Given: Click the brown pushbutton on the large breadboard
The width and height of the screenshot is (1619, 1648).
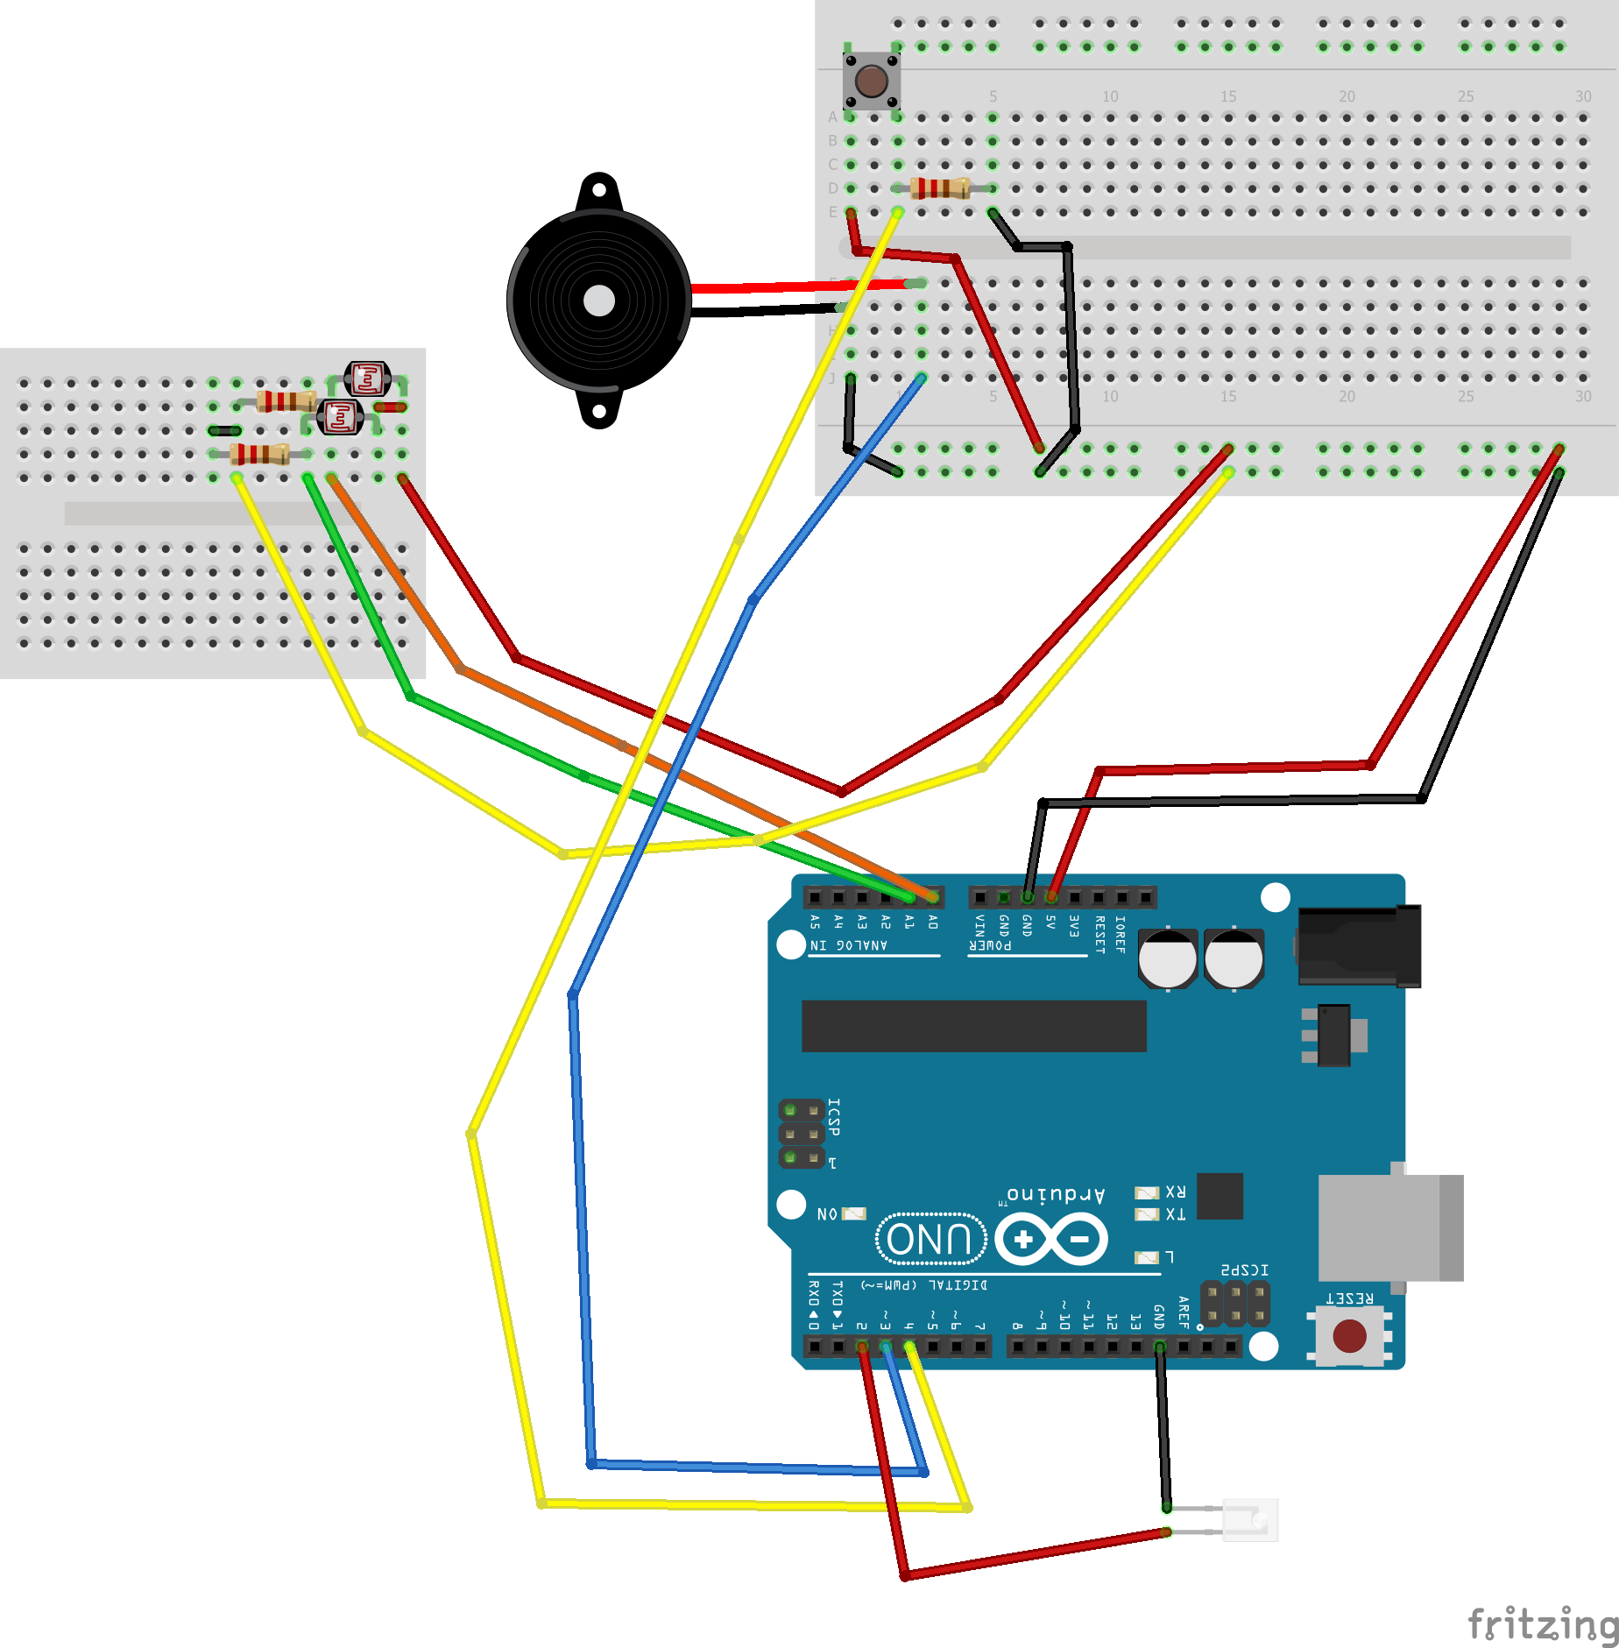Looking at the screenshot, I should [871, 81].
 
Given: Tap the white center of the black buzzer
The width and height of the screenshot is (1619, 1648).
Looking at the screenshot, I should [599, 301].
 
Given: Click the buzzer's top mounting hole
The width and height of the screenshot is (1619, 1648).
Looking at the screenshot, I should [599, 188].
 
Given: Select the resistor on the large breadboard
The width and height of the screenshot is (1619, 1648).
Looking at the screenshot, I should [940, 187].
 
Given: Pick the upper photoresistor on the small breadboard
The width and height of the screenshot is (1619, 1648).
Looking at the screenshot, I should [367, 379].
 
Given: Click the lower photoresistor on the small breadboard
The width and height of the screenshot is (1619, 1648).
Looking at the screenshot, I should [340, 417].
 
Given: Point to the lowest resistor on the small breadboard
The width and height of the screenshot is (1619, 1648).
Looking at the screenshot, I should [259, 454].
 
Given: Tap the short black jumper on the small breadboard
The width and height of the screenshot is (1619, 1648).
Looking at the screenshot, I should [224, 430].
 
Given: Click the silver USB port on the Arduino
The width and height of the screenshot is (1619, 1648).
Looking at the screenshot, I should [1389, 1227].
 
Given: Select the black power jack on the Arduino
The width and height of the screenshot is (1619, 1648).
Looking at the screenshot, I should [1358, 946].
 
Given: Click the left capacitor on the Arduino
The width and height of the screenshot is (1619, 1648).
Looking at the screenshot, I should [1167, 958].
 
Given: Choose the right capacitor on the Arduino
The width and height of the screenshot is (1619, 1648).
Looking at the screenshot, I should [1234, 958].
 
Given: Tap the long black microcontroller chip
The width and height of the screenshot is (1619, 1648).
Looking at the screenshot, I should [973, 1026].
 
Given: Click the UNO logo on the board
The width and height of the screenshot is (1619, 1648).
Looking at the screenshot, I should [930, 1239].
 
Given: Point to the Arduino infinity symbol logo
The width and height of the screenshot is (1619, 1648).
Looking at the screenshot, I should [1051, 1239].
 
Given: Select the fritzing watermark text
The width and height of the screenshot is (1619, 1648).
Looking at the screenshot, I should [1542, 1623].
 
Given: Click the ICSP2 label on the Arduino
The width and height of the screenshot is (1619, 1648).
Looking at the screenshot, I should [1244, 1270].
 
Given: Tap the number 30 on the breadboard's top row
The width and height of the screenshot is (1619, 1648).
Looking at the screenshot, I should [1582, 96].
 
